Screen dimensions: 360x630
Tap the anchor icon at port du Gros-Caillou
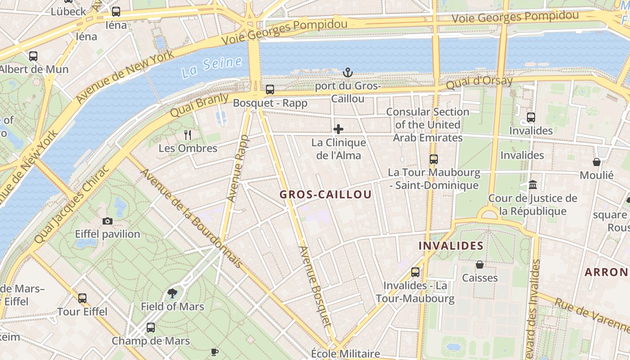tap(347, 72)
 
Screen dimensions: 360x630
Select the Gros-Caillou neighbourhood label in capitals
tap(325, 194)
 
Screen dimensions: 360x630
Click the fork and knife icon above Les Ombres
tap(188, 134)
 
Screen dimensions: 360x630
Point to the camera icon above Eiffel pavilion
tap(107, 221)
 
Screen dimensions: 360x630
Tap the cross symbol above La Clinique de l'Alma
tap(338, 130)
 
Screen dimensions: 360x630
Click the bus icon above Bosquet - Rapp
tap(270, 90)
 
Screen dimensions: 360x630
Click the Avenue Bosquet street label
tap(315, 286)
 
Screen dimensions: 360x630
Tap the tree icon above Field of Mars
tap(172, 293)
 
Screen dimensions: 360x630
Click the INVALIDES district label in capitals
tap(451, 246)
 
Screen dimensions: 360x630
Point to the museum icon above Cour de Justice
tap(533, 184)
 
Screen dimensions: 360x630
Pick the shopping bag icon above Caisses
tap(480, 265)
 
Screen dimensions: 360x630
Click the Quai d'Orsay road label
tap(479, 83)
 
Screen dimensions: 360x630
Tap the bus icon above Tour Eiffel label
tap(82, 298)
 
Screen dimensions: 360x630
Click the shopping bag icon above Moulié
tap(597, 162)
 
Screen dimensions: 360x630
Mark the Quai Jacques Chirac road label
tap(72, 205)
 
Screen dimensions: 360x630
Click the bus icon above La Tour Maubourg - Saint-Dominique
tap(433, 159)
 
